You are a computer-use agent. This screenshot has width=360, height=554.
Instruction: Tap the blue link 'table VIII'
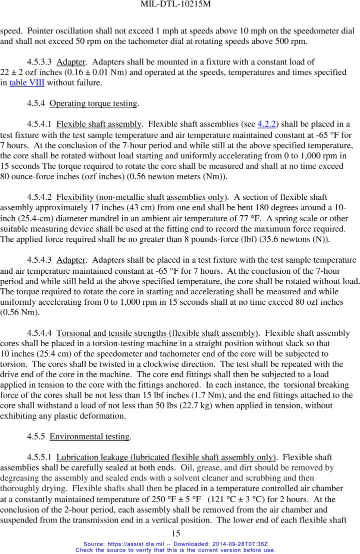(x=27, y=83)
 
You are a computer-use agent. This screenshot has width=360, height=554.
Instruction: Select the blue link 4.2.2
(x=266, y=124)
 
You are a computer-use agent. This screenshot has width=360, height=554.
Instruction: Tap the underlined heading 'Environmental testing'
(x=89, y=437)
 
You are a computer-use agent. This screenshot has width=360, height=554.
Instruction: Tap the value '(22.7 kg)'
(x=233, y=406)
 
